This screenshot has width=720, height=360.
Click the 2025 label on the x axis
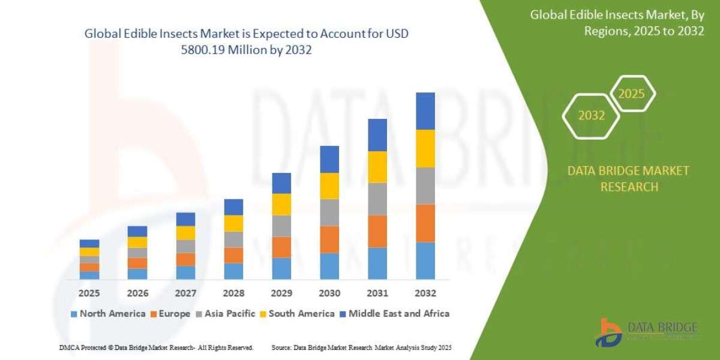point(89,293)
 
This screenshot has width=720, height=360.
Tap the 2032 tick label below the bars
point(425,293)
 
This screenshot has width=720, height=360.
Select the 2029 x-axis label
point(281,293)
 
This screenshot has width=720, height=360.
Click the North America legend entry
point(108,313)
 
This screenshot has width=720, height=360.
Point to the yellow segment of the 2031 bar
point(377,167)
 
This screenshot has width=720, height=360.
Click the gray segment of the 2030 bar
point(329,212)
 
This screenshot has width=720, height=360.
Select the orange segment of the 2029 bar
point(281,247)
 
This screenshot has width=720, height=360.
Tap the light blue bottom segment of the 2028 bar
point(233,271)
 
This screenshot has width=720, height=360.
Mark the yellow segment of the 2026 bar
point(137,242)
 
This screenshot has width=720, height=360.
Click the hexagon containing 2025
point(631,94)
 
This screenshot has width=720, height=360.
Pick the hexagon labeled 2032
point(591,116)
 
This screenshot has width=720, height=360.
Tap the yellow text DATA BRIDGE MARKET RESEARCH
point(628,179)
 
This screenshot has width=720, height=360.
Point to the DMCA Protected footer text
point(156,347)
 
